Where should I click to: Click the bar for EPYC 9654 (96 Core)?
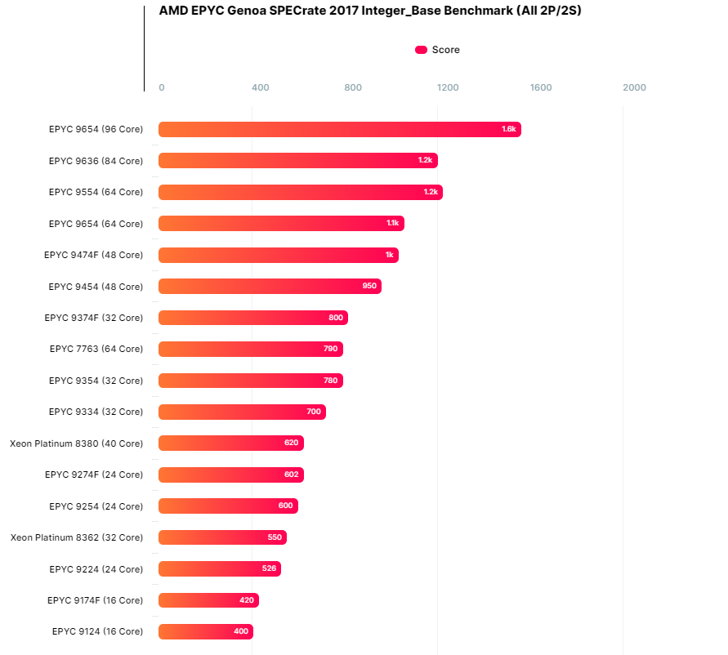(339, 129)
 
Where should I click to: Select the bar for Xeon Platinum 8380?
(230, 443)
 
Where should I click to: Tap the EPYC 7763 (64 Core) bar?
(250, 350)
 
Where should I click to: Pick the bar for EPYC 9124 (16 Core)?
(205, 632)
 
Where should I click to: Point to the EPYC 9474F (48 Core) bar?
(278, 255)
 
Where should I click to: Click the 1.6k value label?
(509, 129)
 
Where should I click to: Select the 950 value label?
(369, 287)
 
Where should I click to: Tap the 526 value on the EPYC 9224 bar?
(269, 569)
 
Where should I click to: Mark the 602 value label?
(292, 475)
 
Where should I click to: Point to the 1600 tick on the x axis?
(541, 87)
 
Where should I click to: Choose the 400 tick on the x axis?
(261, 87)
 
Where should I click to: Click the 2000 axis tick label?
(634, 87)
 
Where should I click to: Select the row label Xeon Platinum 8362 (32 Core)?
(77, 537)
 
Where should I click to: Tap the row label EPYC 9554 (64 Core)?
(96, 192)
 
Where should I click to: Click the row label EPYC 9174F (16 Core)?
(95, 600)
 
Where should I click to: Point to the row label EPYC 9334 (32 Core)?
(96, 412)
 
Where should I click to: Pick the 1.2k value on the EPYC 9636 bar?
(425, 161)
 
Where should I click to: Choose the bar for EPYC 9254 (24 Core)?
(228, 506)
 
